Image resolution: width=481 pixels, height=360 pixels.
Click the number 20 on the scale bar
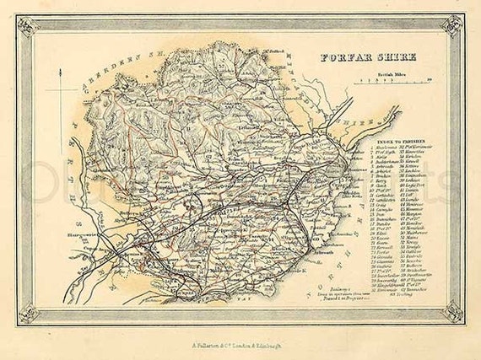[430, 81]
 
